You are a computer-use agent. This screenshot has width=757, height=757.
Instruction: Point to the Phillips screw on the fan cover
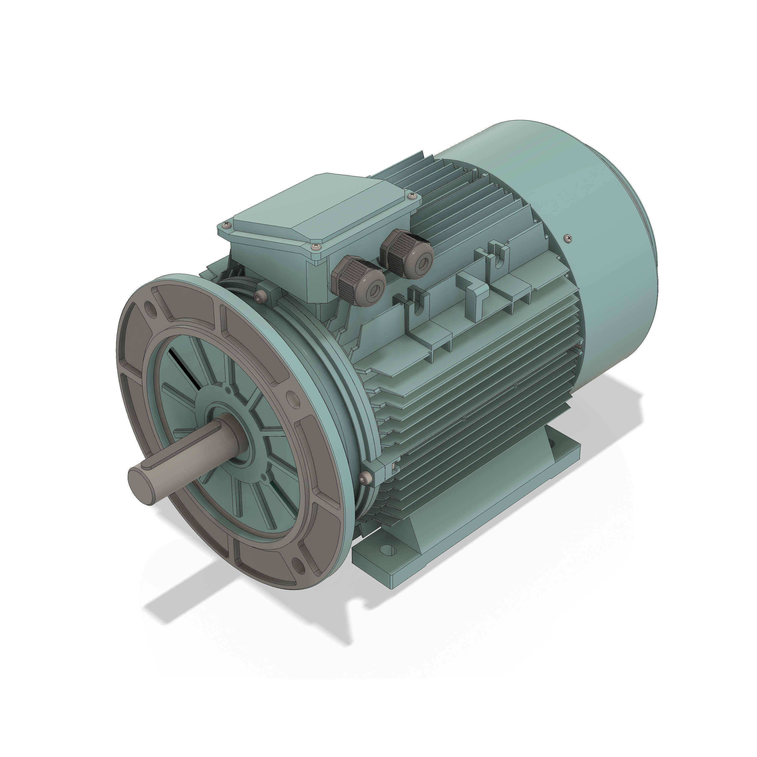569,237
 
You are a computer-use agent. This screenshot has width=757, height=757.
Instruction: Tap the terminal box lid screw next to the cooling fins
411,195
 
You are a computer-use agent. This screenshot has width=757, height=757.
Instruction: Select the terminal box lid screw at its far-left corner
225,225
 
